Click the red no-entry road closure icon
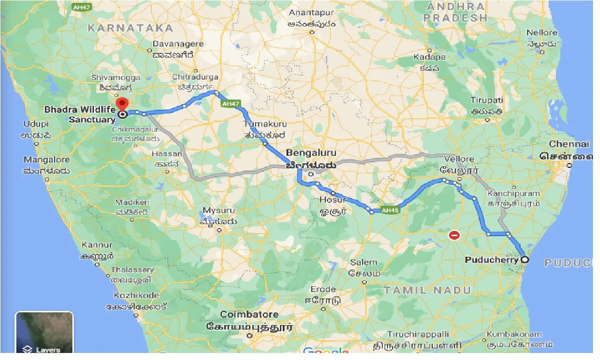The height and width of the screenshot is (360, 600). pos(454,235)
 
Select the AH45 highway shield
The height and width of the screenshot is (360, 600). pos(389,210)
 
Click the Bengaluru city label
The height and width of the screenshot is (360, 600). pos(311,153)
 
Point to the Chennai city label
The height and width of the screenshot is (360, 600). pos(569,144)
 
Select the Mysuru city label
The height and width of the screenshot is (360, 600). pos(218,210)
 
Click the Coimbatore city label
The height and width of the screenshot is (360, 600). pos(249,315)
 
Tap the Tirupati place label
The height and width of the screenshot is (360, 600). pos(487,101)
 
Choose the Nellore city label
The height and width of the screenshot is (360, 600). pos(542,33)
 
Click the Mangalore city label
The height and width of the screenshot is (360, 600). pos(47,160)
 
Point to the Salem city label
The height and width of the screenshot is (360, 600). pos(364,262)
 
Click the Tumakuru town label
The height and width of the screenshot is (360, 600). pos(265,124)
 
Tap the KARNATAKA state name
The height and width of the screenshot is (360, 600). pos(130,28)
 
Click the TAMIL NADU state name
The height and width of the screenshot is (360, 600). pos(427,290)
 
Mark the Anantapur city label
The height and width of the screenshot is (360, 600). pos(312,13)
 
